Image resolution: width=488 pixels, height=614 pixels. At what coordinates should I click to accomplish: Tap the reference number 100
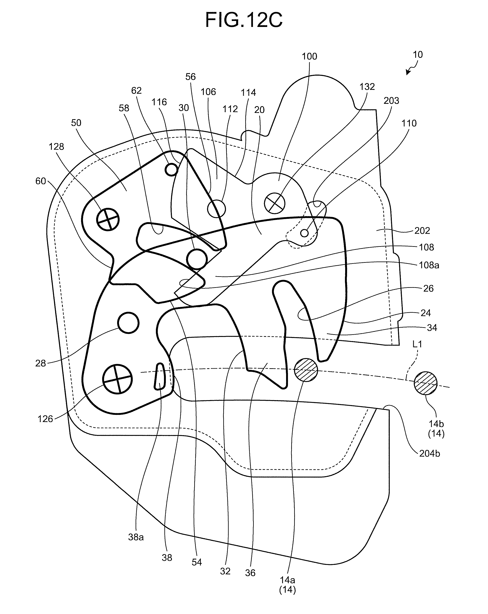click(x=309, y=56)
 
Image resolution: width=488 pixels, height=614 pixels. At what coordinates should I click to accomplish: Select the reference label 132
click(x=367, y=87)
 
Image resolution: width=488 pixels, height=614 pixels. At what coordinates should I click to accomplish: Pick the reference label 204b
click(x=429, y=453)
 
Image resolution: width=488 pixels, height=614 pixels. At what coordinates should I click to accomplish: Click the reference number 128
click(x=56, y=147)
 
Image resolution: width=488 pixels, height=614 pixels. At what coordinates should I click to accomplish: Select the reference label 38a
click(x=136, y=537)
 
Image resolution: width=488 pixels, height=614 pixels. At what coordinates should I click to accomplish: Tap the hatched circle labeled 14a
click(x=306, y=370)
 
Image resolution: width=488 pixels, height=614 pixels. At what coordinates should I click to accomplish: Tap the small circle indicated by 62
click(x=171, y=170)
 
